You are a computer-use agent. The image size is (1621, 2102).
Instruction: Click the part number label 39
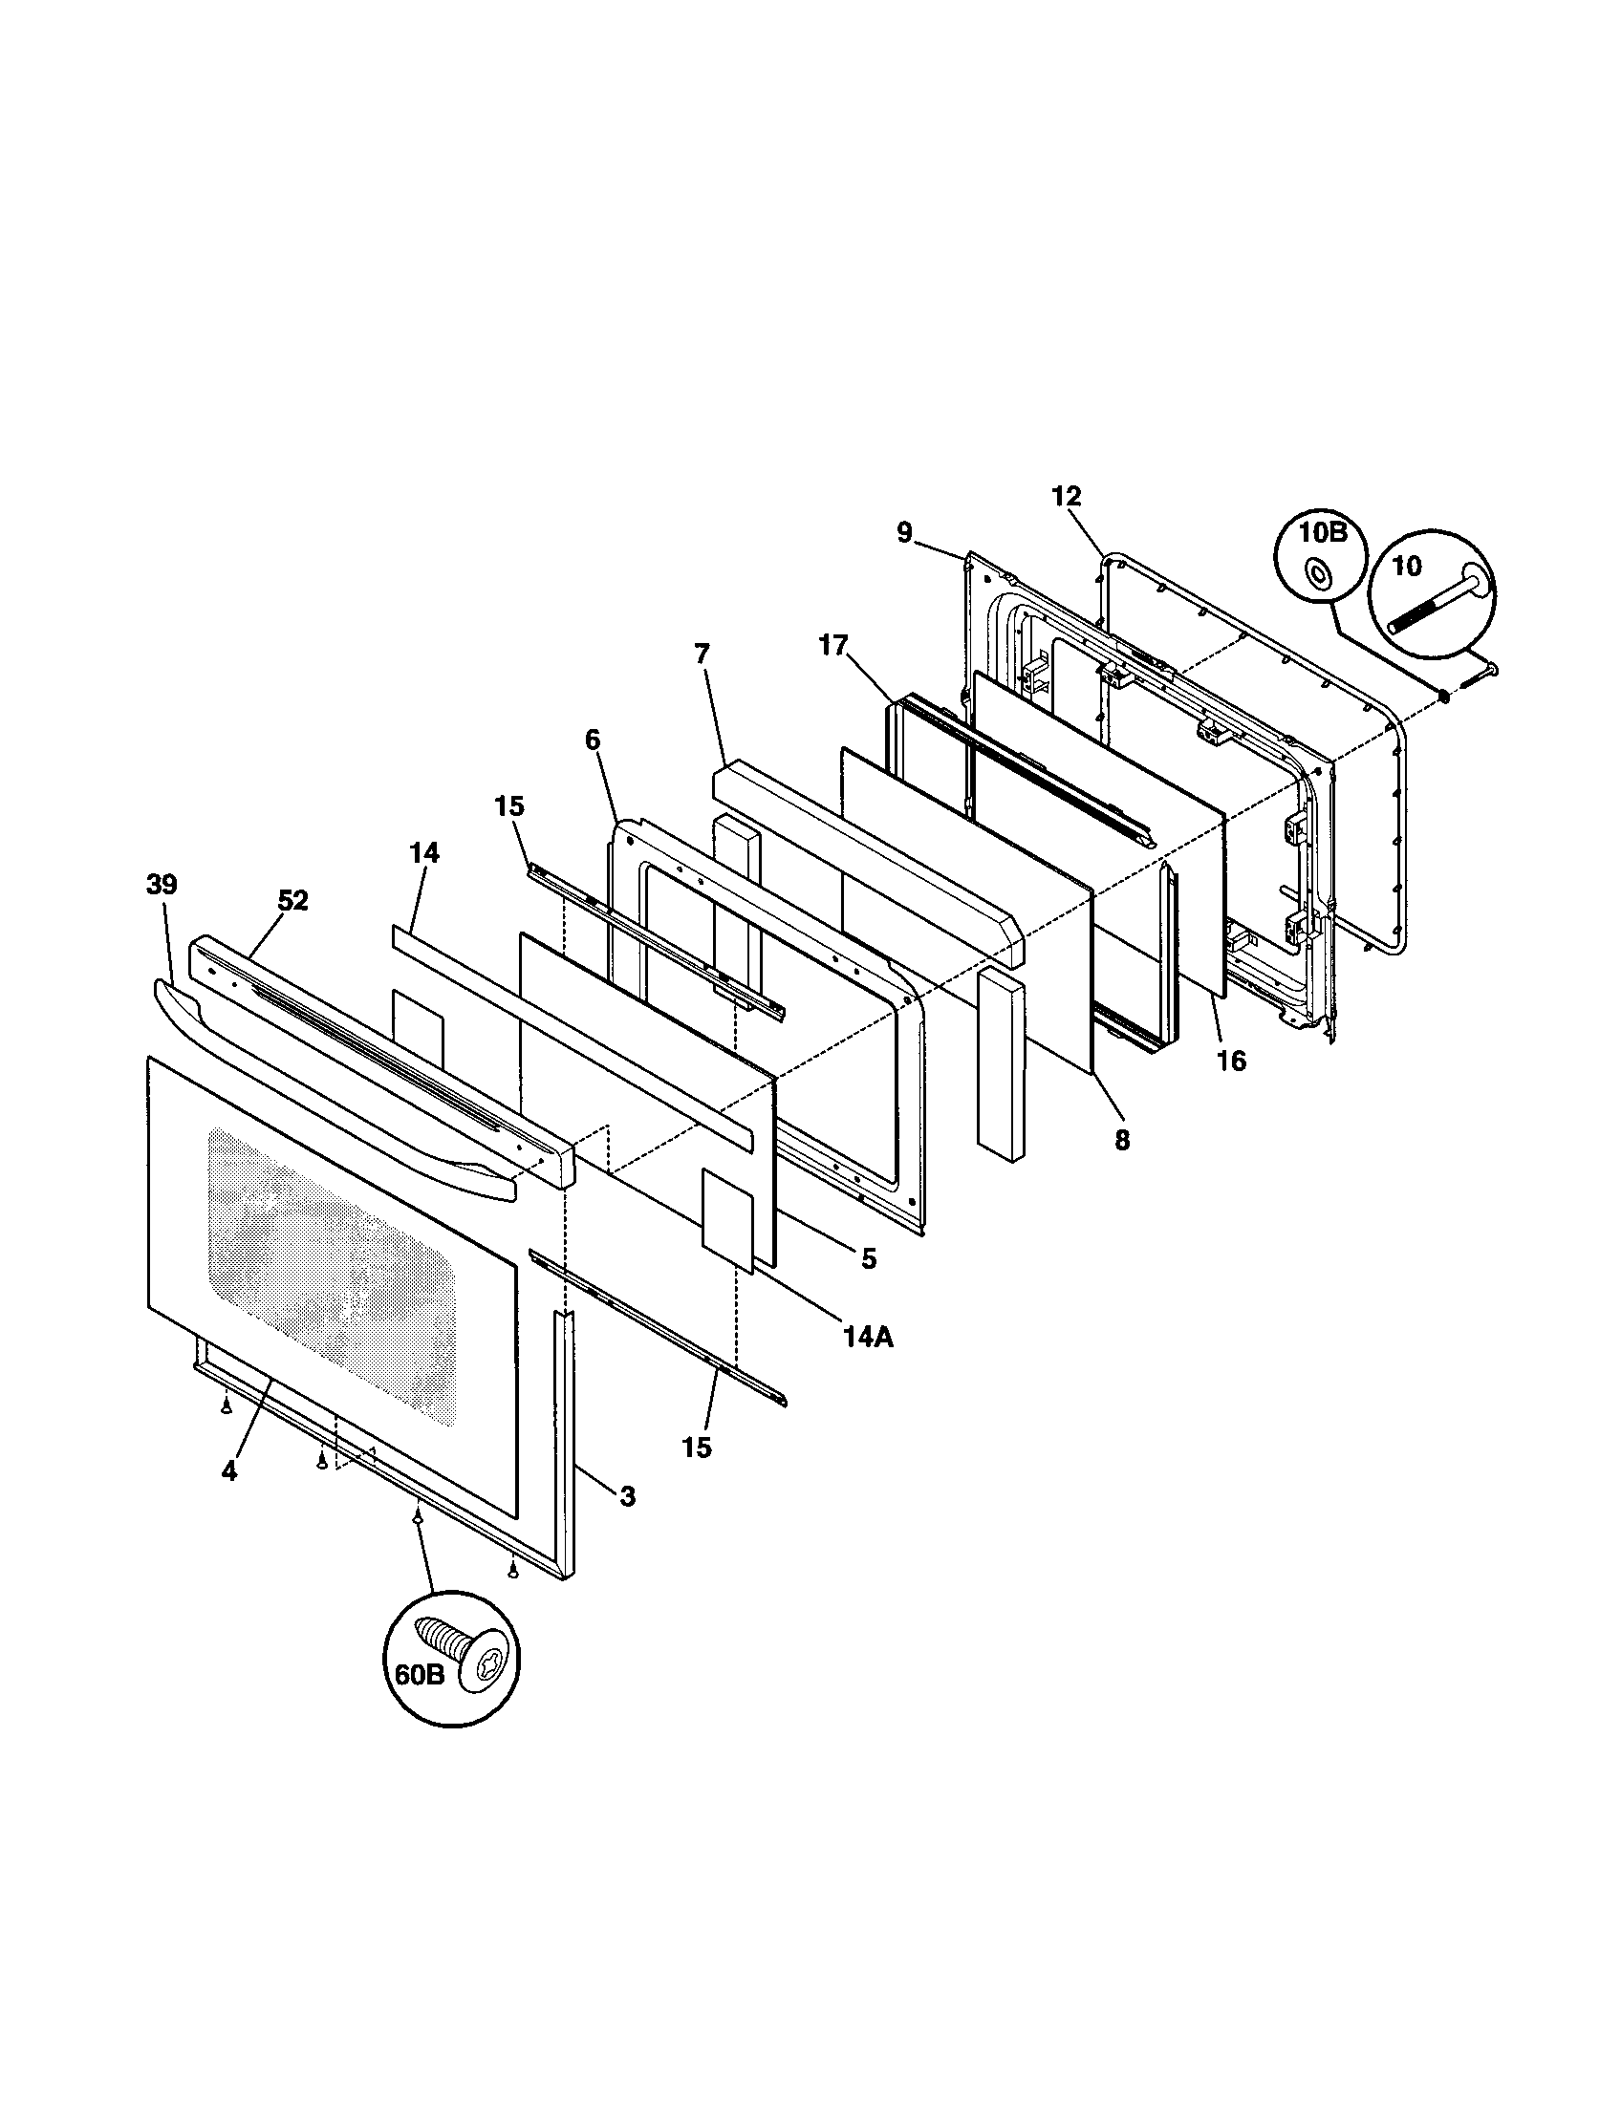pyautogui.click(x=162, y=885)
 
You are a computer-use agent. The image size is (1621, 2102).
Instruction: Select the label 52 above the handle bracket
pyautogui.click(x=292, y=901)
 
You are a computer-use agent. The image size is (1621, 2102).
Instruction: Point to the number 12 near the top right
pyautogui.click(x=1066, y=497)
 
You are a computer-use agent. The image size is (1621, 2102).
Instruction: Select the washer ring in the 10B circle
pyautogui.click(x=1315, y=573)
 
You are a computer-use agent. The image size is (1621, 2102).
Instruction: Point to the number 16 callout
pyautogui.click(x=1231, y=1061)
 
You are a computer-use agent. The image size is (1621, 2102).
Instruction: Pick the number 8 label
pyautogui.click(x=1122, y=1141)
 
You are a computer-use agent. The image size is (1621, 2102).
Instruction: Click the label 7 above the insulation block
pyautogui.click(x=701, y=654)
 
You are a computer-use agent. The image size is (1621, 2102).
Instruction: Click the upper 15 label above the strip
pyautogui.click(x=509, y=805)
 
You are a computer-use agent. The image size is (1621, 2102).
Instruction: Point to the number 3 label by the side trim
pyautogui.click(x=627, y=1495)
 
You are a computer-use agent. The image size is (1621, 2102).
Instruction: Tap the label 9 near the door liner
pyautogui.click(x=905, y=533)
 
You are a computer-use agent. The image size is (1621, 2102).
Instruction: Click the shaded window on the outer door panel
pyautogui.click(x=327, y=1271)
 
